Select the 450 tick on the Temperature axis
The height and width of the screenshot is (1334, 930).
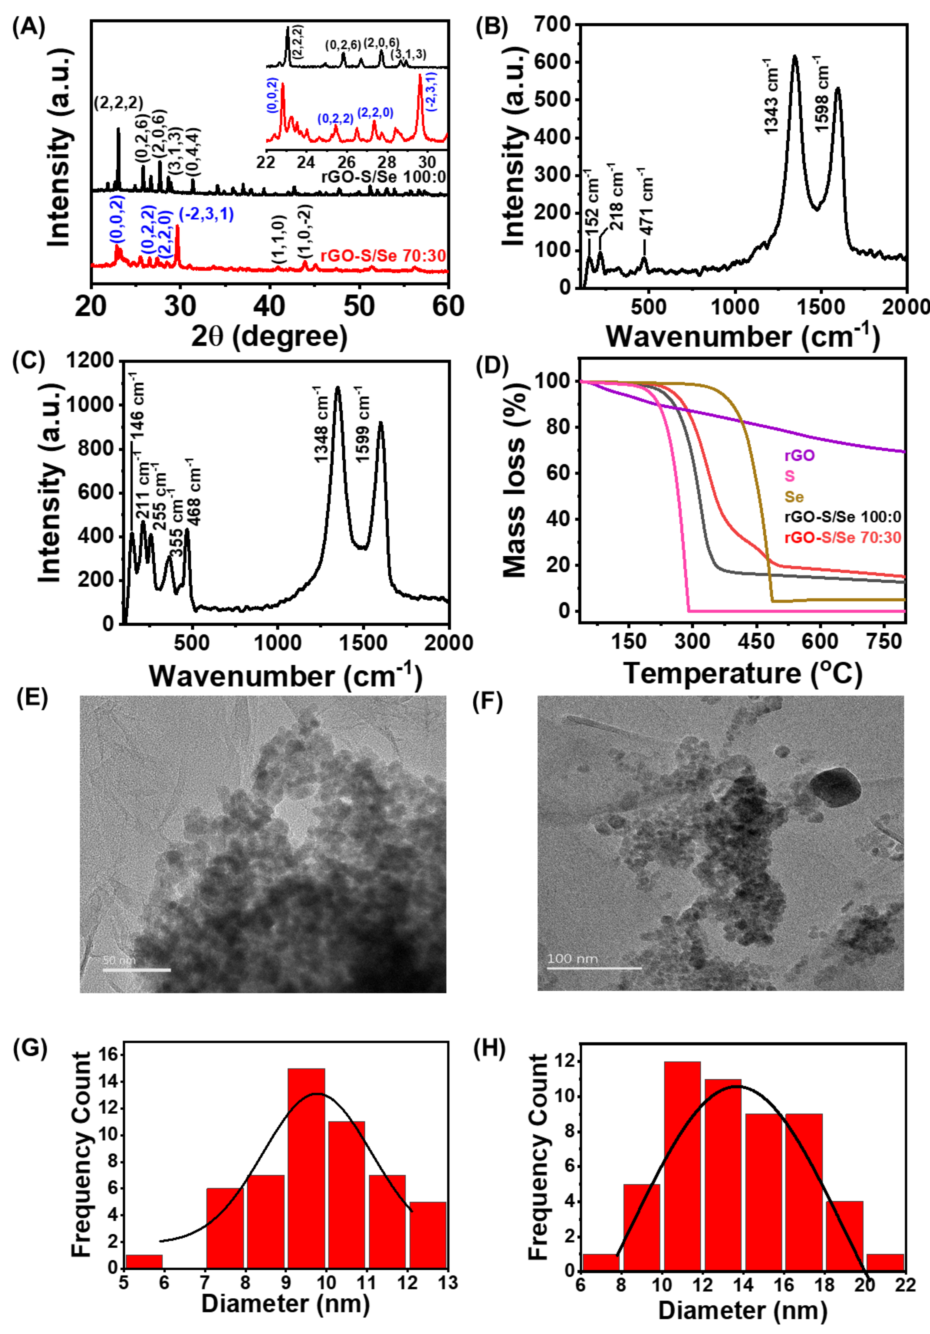(x=756, y=641)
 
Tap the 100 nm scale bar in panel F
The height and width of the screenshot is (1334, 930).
(x=594, y=968)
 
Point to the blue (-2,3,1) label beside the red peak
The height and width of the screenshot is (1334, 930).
(x=206, y=214)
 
